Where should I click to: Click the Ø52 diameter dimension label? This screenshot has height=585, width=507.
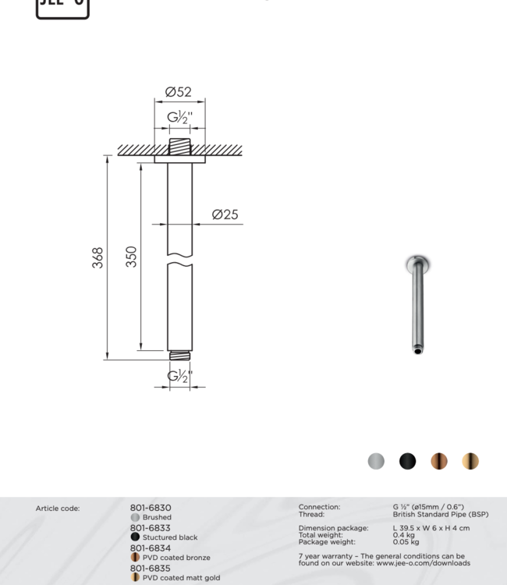click(x=179, y=92)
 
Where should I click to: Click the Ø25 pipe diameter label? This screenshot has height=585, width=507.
click(x=225, y=214)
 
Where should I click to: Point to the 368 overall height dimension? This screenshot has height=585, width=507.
click(x=98, y=258)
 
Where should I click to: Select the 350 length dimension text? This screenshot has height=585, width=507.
click(x=132, y=257)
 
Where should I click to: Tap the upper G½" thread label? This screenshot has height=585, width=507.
click(x=179, y=119)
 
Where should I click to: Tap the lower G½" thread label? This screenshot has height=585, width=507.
click(x=179, y=377)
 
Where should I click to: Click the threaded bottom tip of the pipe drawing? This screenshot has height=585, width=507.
click(x=179, y=356)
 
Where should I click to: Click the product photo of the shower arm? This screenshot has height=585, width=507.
click(x=419, y=305)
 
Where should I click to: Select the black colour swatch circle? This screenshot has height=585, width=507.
click(x=407, y=461)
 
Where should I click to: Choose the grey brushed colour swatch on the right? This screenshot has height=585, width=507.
click(x=376, y=461)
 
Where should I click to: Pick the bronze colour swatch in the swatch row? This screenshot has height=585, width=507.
click(x=439, y=461)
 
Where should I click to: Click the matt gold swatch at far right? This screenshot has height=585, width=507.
click(x=470, y=461)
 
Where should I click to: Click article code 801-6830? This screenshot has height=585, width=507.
click(x=151, y=508)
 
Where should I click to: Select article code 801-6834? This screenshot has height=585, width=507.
click(x=151, y=548)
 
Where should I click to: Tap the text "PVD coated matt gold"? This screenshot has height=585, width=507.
click(x=181, y=578)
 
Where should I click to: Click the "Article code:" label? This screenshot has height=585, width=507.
click(x=58, y=509)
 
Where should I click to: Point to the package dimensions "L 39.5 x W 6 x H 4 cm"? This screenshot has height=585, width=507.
click(x=431, y=528)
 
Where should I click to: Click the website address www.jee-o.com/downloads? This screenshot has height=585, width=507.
click(x=424, y=563)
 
